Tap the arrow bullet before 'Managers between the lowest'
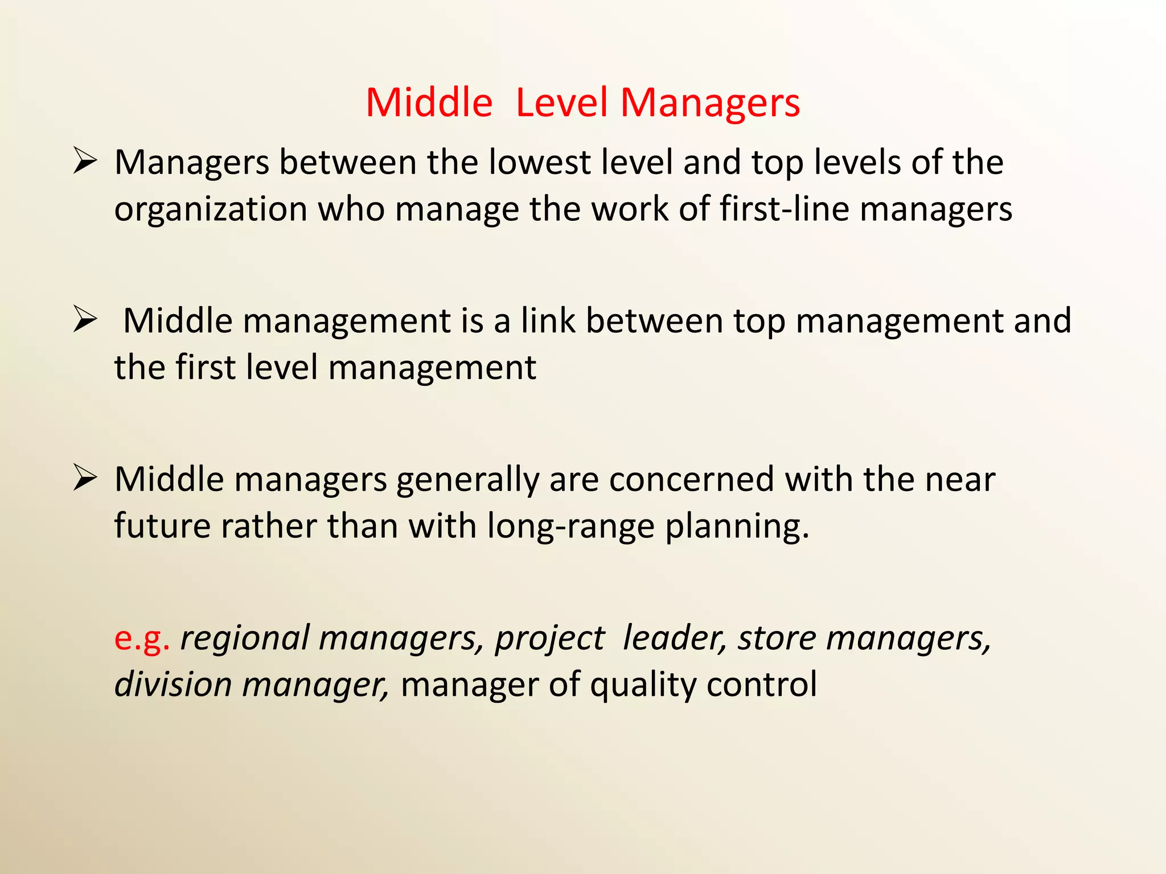pyautogui.click(x=85, y=162)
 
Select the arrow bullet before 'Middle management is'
pyautogui.click(x=85, y=320)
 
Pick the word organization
pyautogui.click(x=211, y=209)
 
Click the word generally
pyautogui.click(x=467, y=480)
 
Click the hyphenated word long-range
pyautogui.click(x=570, y=526)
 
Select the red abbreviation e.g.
pyautogui.click(x=142, y=638)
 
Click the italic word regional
pyautogui.click(x=244, y=638)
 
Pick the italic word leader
pyautogui.click(x=675, y=637)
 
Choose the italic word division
pyautogui.click(x=173, y=684)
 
